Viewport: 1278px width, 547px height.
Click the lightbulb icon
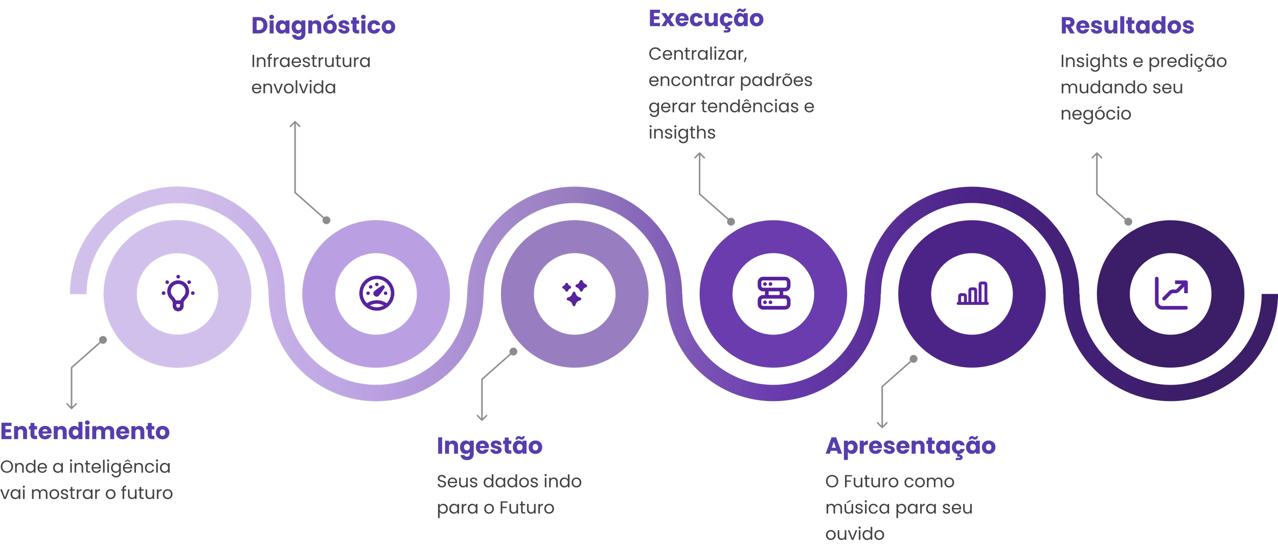(x=177, y=293)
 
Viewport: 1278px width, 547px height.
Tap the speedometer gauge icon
(x=377, y=294)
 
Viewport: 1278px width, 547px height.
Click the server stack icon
(x=774, y=294)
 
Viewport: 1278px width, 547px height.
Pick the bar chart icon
(x=972, y=294)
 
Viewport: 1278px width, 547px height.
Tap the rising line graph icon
(x=1171, y=294)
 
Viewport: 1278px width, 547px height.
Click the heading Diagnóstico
(x=324, y=26)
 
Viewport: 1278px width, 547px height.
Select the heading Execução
(x=706, y=19)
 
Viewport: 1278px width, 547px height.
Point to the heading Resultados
(x=1127, y=26)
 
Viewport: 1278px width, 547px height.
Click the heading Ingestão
(x=490, y=446)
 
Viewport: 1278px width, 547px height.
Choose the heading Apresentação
(x=911, y=446)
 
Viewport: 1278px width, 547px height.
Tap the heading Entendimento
(x=85, y=432)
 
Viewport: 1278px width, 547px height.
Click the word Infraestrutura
(x=311, y=61)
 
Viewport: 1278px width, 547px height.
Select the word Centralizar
(x=698, y=54)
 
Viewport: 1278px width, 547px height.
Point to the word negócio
(x=1096, y=114)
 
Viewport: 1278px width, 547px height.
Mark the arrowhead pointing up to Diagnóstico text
(x=294, y=124)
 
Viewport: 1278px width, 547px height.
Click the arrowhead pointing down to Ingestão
(x=482, y=417)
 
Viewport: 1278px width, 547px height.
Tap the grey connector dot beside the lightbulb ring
(x=103, y=340)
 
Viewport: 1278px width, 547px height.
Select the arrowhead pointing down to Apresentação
(x=882, y=424)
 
